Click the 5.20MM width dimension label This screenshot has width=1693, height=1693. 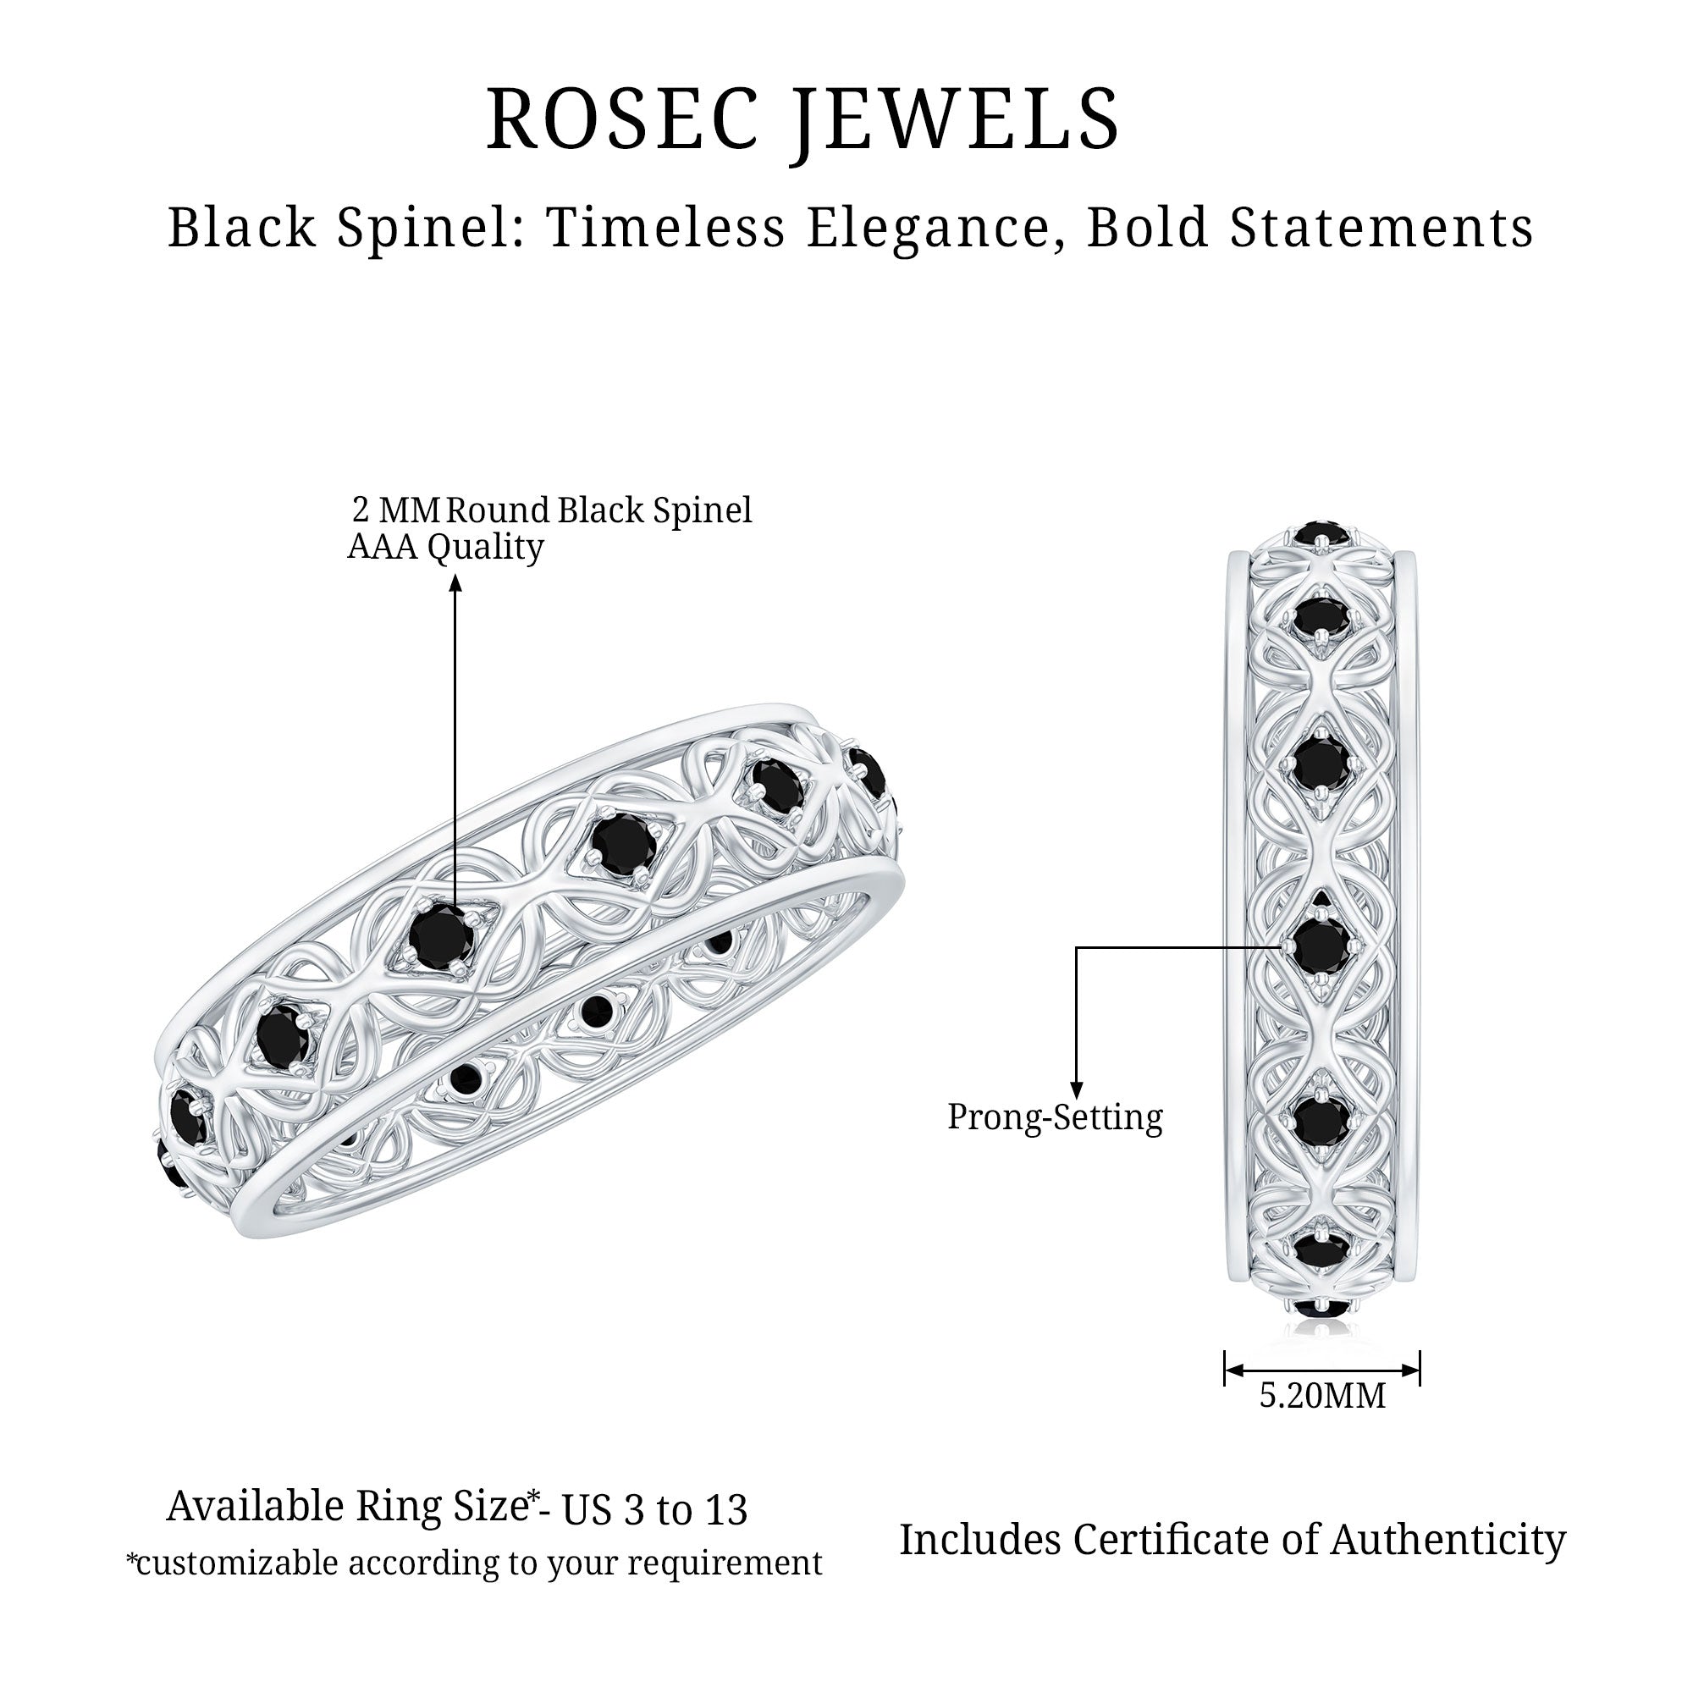pyautogui.click(x=1322, y=1396)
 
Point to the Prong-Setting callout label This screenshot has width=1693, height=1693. pyautogui.click(x=1055, y=1117)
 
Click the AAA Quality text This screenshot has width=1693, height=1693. pyautogui.click(x=445, y=548)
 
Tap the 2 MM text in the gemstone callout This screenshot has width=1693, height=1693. pyautogui.click(x=394, y=510)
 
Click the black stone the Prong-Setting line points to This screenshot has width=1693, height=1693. pyautogui.click(x=1321, y=945)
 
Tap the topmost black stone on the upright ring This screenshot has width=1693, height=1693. pyautogui.click(x=1321, y=532)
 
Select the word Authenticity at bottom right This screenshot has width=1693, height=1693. pyautogui.click(x=1448, y=1540)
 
